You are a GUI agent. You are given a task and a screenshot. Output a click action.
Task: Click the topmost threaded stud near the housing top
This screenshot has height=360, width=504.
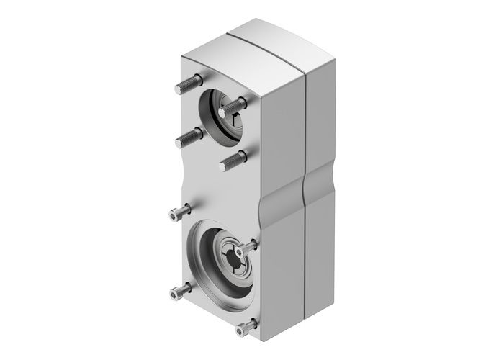pos(184,87)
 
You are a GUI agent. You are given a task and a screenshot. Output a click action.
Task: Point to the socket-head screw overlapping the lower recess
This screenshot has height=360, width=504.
pos(248,247)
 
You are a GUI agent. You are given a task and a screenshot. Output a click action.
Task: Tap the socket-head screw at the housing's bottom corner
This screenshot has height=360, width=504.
pos(245,328)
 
